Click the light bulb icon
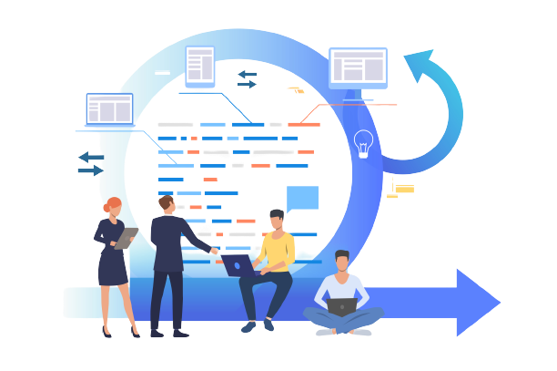[x=363, y=144]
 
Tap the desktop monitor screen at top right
[x=358, y=67]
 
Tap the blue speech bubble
[x=302, y=197]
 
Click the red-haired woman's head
[x=113, y=207]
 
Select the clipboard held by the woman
[x=126, y=238]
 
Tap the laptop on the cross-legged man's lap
[x=342, y=307]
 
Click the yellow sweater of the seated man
[x=277, y=252]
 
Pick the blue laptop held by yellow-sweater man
[x=238, y=265]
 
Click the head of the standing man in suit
[x=166, y=205]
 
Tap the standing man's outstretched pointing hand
[x=215, y=248]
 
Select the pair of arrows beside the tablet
[x=246, y=79]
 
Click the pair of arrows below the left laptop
[x=90, y=163]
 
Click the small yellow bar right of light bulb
[x=405, y=189]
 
